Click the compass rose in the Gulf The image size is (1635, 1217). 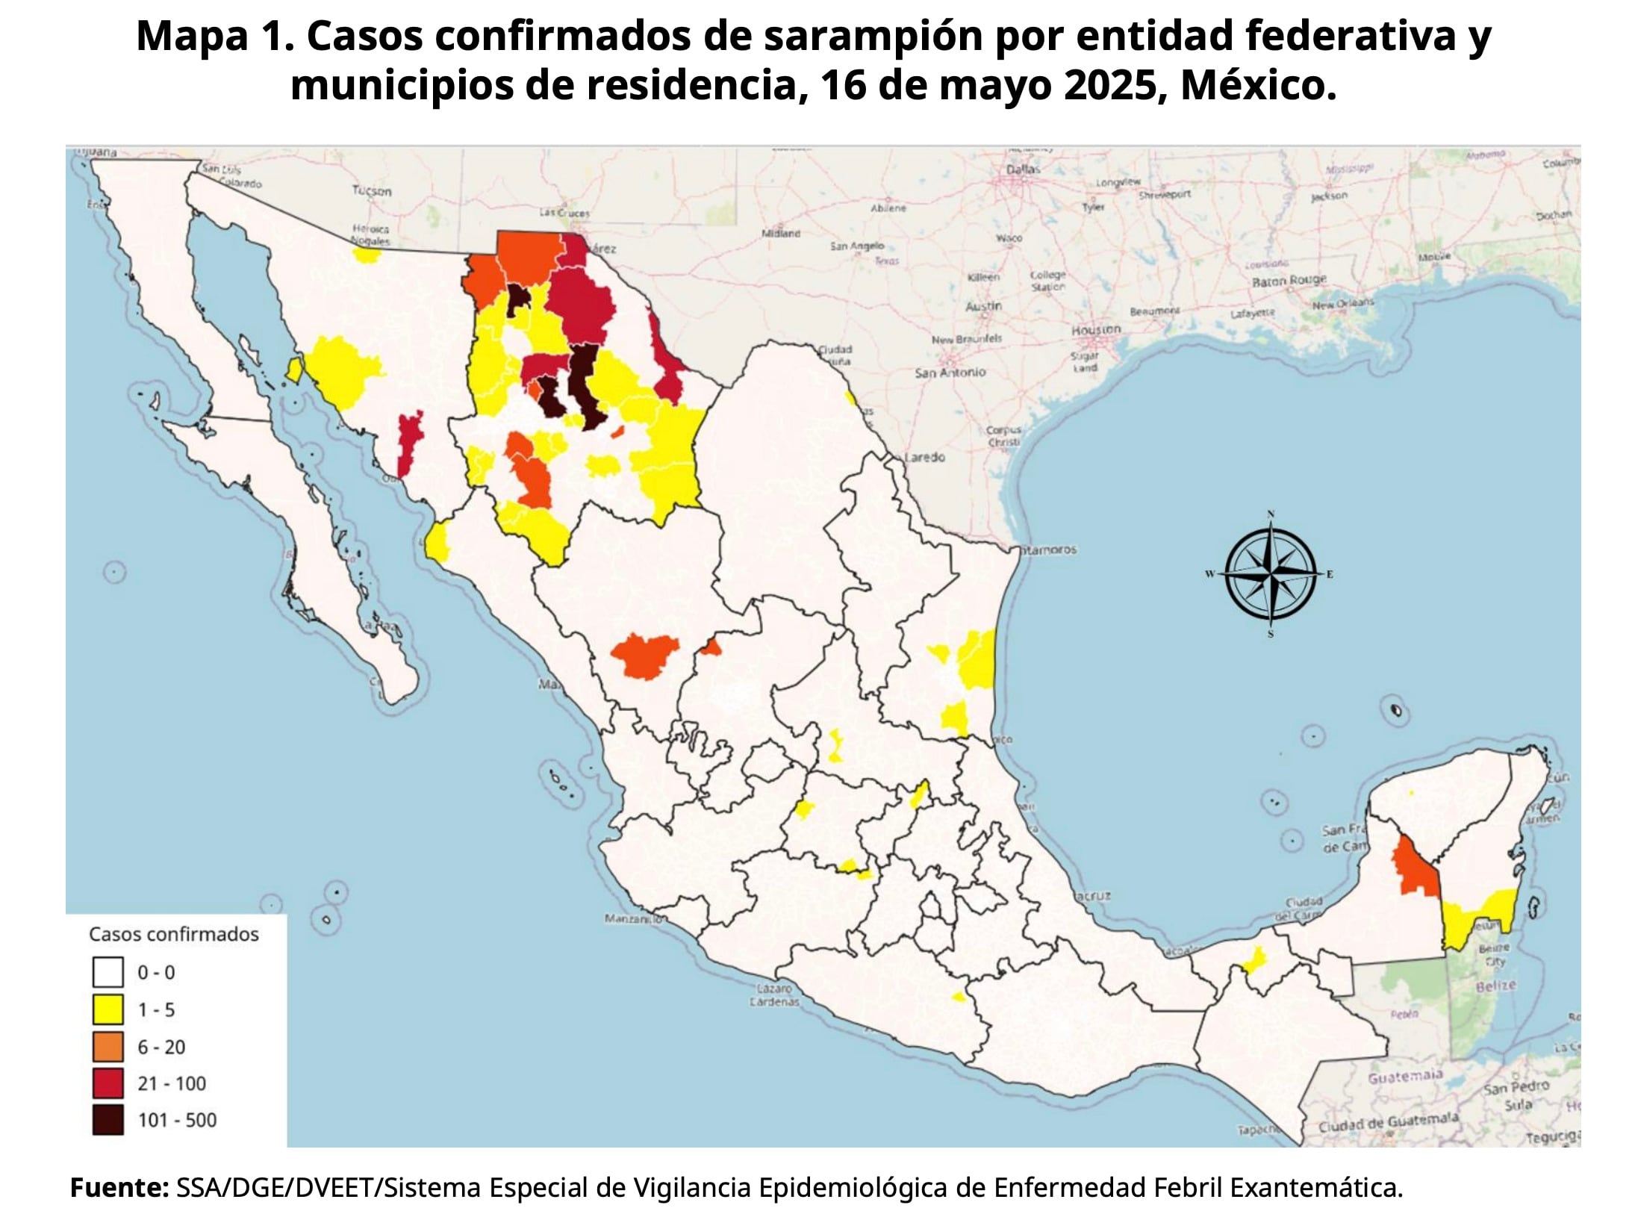point(1271,574)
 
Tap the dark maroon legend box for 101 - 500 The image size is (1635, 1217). point(108,1120)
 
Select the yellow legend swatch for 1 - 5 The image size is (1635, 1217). point(108,1009)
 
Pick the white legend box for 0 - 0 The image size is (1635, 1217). point(108,973)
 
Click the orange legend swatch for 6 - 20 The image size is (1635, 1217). point(108,1047)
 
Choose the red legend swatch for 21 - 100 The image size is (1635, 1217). point(108,1083)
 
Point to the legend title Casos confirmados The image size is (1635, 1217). point(174,934)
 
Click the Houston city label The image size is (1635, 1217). point(1096,329)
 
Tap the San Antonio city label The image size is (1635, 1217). point(950,372)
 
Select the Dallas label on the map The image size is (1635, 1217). point(1023,169)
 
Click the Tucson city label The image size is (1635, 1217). point(372,191)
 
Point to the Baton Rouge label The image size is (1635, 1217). point(1289,281)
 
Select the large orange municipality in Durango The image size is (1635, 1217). point(644,655)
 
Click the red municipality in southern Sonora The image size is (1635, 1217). point(408,443)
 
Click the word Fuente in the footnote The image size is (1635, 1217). point(119,1187)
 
